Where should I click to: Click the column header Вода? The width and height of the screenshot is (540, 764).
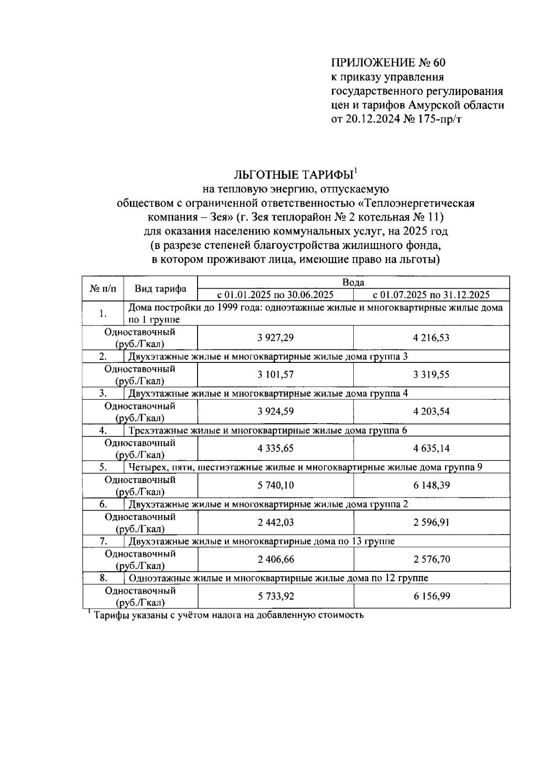coord(353,282)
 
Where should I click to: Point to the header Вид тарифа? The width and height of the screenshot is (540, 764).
coord(161,289)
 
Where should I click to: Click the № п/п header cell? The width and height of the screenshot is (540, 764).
coord(103,289)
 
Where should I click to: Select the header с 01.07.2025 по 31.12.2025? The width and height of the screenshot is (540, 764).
coord(431,295)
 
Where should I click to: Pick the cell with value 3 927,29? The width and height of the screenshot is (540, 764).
coord(275,338)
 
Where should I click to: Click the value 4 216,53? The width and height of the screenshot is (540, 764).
coord(431,338)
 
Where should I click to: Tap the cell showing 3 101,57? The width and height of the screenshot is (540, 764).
coord(275,375)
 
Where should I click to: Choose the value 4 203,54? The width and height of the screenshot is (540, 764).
coord(431,411)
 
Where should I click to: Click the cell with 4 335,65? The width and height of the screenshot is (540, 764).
coord(275,448)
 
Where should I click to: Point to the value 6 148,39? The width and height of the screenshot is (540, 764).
coord(431,485)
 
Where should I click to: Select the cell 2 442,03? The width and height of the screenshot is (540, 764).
coord(275,522)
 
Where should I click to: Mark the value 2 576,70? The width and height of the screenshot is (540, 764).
coord(431,559)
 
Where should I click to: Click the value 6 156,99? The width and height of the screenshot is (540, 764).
coord(431,596)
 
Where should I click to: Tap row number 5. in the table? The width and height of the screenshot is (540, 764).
coord(103,467)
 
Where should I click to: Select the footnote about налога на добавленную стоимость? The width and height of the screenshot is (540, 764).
coord(228,615)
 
